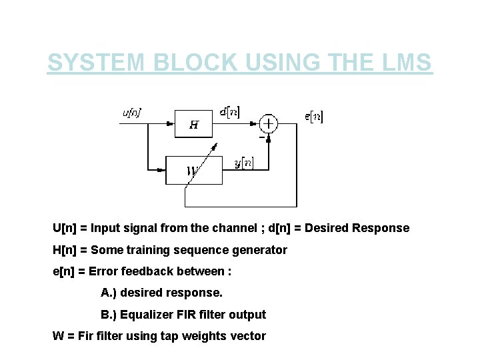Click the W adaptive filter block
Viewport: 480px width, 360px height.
193,170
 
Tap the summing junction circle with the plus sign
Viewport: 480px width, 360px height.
269,123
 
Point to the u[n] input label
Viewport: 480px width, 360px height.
131,113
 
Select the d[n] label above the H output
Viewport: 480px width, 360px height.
230,111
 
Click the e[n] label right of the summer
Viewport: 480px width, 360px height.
314,117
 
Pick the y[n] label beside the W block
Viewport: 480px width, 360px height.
243,163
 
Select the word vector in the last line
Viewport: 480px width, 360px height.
248,336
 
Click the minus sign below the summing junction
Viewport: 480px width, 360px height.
261,137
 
